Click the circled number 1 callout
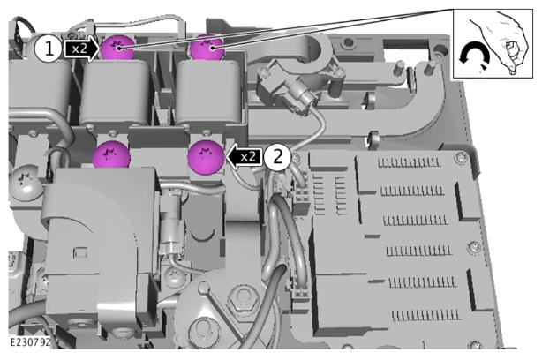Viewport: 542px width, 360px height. (49, 49)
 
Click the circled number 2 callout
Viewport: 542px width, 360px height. (278, 157)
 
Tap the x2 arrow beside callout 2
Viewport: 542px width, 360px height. (245, 157)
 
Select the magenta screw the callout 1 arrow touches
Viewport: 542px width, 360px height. (117, 48)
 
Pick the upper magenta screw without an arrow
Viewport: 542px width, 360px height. (207, 48)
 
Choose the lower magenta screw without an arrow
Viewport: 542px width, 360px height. (111, 155)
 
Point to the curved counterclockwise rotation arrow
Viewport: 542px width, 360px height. (473, 52)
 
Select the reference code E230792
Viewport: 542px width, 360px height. (30, 342)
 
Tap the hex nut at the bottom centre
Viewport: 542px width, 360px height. (243, 297)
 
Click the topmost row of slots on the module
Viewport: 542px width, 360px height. (409, 162)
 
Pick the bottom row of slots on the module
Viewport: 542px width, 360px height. (426, 315)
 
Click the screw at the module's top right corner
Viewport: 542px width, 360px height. (462, 158)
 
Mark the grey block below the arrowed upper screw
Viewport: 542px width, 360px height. (116, 94)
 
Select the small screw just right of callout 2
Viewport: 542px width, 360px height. (296, 159)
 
